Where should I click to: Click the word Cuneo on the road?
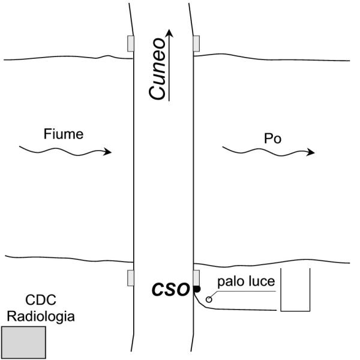(157, 69)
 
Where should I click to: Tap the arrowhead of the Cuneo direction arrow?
(169, 33)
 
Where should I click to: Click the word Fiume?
(64, 134)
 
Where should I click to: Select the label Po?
(272, 139)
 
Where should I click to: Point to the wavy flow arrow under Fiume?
(65, 151)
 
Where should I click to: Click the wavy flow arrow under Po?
(269, 152)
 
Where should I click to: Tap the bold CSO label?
(170, 289)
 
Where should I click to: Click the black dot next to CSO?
(197, 289)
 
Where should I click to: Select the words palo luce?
(246, 282)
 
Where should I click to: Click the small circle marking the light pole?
(209, 299)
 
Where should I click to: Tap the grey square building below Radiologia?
(23, 343)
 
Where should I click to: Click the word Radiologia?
(41, 317)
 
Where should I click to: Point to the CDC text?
(41, 300)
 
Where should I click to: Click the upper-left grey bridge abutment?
(131, 44)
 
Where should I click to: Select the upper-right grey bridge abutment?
(196, 44)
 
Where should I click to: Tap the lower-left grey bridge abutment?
(131, 278)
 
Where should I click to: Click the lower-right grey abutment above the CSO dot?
(196, 278)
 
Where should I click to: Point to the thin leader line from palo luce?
(244, 292)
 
